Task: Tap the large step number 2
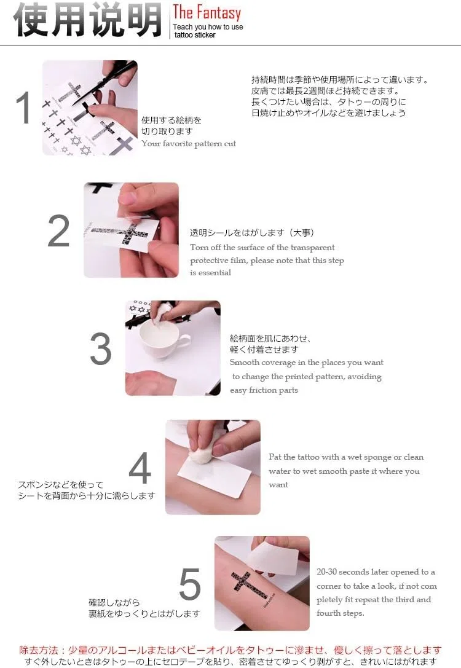click(58, 230)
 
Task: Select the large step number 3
click(101, 349)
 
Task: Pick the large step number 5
click(190, 584)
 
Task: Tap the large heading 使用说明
click(88, 20)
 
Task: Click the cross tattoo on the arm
click(250, 586)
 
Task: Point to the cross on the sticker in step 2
click(122, 233)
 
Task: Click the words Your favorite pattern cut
click(189, 144)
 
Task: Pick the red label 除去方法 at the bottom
click(38, 650)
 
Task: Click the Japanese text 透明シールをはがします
click(237, 233)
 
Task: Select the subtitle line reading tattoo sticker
click(195, 35)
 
